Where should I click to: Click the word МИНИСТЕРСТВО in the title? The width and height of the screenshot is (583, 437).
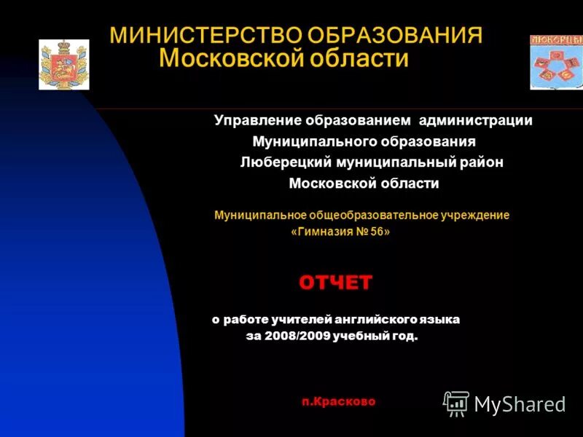pos(206,36)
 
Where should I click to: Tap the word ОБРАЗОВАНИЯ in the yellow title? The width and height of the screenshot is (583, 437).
pos(395,36)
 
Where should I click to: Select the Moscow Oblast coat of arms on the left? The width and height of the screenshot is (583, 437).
pos(64,65)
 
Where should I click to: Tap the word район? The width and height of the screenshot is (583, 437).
pos(480,162)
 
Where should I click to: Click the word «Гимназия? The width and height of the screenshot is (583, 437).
pos(321,232)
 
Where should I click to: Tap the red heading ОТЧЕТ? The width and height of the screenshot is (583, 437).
pos(335,283)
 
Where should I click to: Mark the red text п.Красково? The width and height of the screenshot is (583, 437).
pos(339,401)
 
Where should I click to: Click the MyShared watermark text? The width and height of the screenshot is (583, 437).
pos(520,404)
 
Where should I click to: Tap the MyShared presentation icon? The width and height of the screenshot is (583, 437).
pos(457,403)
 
